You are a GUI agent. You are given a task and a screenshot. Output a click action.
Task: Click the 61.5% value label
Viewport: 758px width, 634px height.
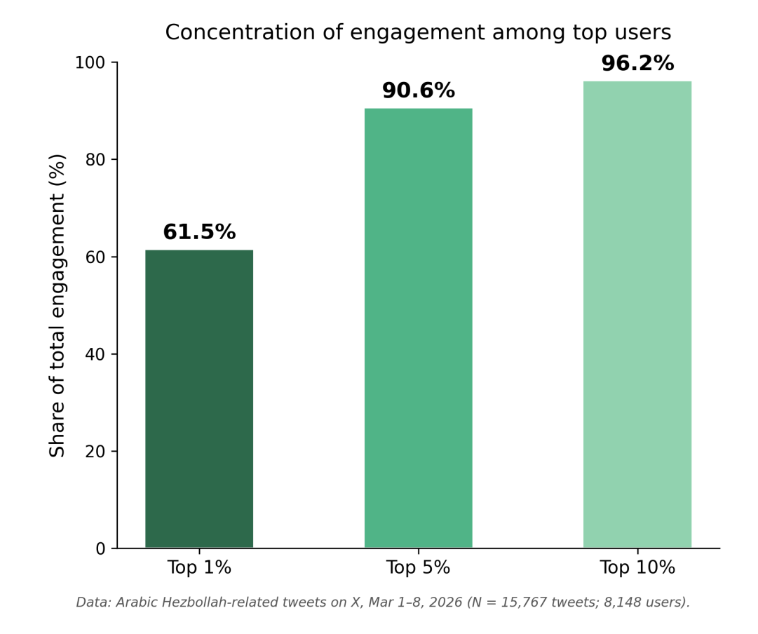(199, 233)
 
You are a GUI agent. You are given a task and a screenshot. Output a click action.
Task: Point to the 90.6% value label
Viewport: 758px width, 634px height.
(418, 91)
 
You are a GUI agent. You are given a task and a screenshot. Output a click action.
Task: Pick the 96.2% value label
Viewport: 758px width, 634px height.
(637, 64)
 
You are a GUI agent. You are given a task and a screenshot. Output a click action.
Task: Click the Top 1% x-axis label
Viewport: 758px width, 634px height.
(199, 568)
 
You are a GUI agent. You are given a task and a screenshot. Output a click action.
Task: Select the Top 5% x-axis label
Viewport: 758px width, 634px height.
(418, 568)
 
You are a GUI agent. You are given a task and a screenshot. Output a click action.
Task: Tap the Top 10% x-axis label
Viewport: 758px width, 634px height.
(637, 568)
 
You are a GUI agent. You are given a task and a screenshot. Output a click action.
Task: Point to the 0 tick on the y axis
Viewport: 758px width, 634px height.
(100, 548)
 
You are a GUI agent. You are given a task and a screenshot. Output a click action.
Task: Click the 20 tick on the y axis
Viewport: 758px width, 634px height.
(95, 452)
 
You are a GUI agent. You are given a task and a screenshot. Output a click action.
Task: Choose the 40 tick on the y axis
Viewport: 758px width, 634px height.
(95, 354)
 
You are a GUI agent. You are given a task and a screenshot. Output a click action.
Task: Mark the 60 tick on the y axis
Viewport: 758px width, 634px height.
(95, 257)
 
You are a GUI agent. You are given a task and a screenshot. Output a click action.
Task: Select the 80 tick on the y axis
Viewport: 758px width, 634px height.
(95, 160)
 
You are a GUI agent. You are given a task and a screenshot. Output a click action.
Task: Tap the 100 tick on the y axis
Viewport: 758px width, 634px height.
(90, 63)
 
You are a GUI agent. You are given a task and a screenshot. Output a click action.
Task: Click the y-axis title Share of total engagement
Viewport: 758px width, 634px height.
(57, 305)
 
